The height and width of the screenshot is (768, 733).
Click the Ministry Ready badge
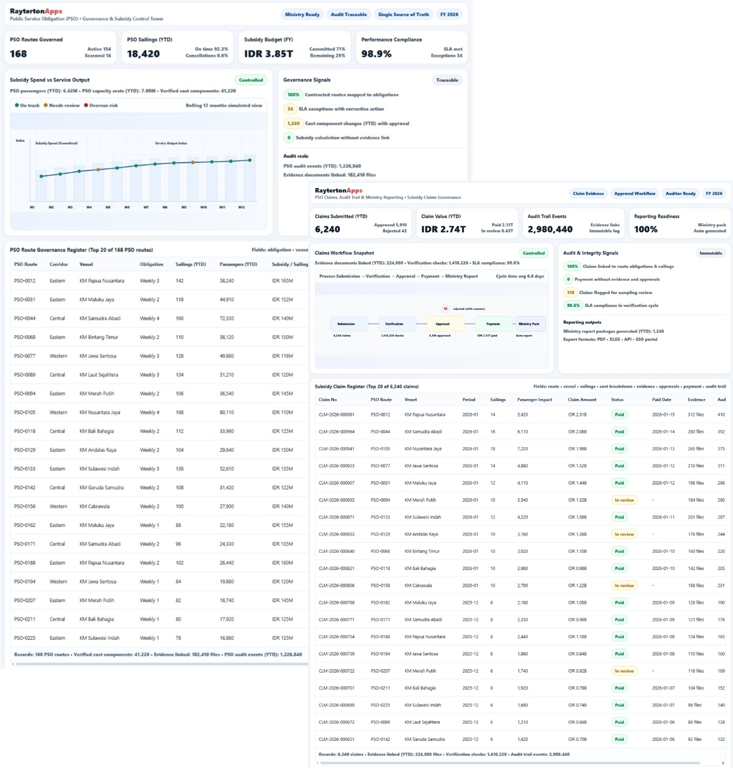click(x=302, y=14)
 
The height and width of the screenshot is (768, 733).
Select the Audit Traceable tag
click(x=349, y=14)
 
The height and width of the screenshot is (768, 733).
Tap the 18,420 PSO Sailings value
click(x=143, y=54)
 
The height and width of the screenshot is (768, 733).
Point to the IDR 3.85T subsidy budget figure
click(x=269, y=54)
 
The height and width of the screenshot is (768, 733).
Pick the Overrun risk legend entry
click(x=101, y=106)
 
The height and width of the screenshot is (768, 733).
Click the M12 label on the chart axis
click(x=241, y=207)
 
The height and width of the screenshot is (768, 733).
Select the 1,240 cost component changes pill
click(x=293, y=123)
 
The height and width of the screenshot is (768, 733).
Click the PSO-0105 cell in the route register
click(x=24, y=412)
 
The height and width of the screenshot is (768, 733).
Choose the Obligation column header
click(x=151, y=264)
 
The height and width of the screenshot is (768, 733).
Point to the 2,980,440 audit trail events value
click(x=550, y=229)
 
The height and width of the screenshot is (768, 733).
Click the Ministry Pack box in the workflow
click(x=529, y=324)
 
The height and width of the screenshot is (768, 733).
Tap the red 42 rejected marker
click(x=445, y=308)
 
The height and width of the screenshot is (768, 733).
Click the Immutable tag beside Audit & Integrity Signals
click(x=710, y=253)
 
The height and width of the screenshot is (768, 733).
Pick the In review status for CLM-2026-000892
click(x=624, y=500)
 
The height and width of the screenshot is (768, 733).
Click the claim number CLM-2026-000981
click(x=336, y=414)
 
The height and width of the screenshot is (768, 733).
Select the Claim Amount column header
click(x=582, y=400)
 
